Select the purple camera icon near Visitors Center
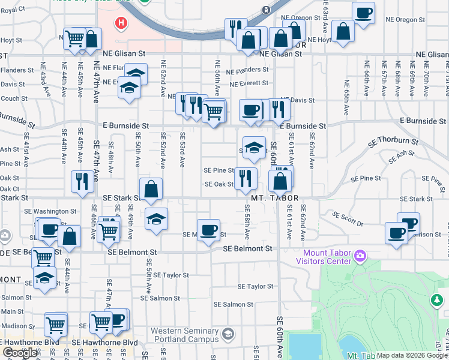click(360, 256)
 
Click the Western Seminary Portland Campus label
click(184, 335)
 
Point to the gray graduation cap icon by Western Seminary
click(228, 334)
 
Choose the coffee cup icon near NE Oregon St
click(363, 13)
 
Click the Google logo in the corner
click(20, 353)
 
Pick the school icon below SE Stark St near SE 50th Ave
click(156, 218)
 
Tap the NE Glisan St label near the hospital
click(128, 53)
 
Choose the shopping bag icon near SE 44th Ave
click(69, 236)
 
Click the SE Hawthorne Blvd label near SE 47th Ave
click(104, 342)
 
